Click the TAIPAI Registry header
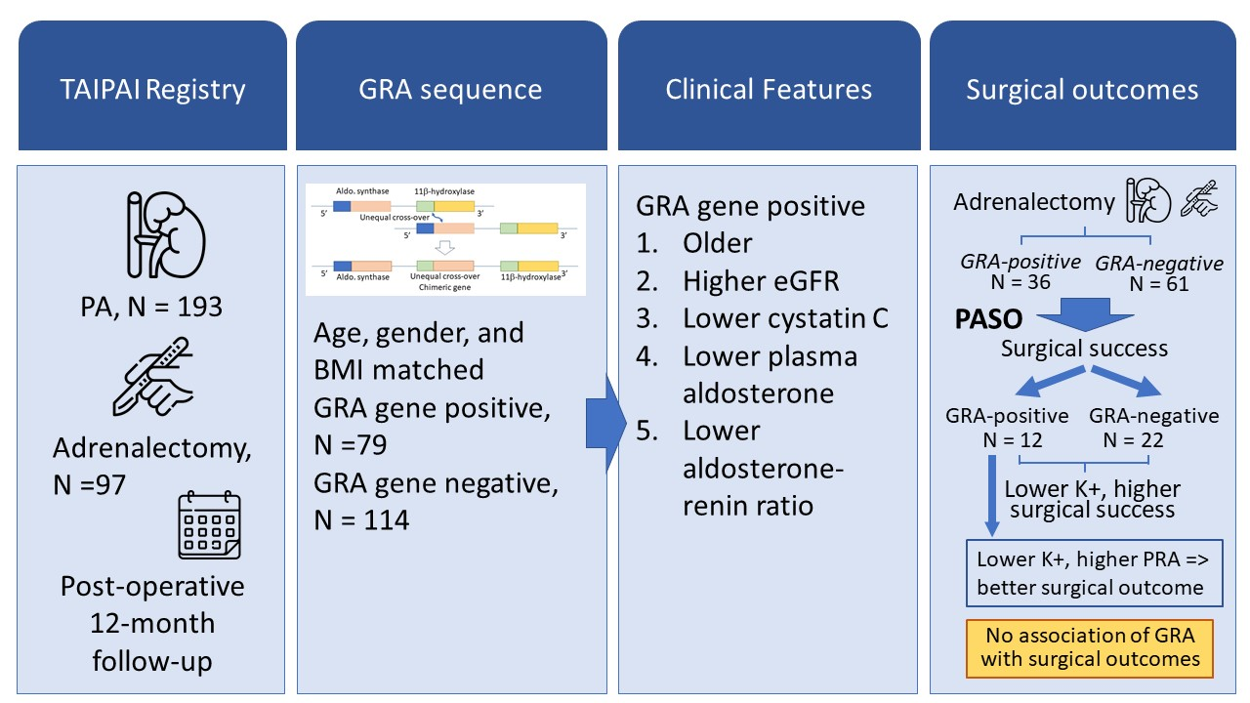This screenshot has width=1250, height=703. [x=152, y=90]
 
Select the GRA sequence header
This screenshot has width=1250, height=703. [x=450, y=90]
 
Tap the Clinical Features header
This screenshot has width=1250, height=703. [x=769, y=90]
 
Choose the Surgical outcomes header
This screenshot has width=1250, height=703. [x=1082, y=90]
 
